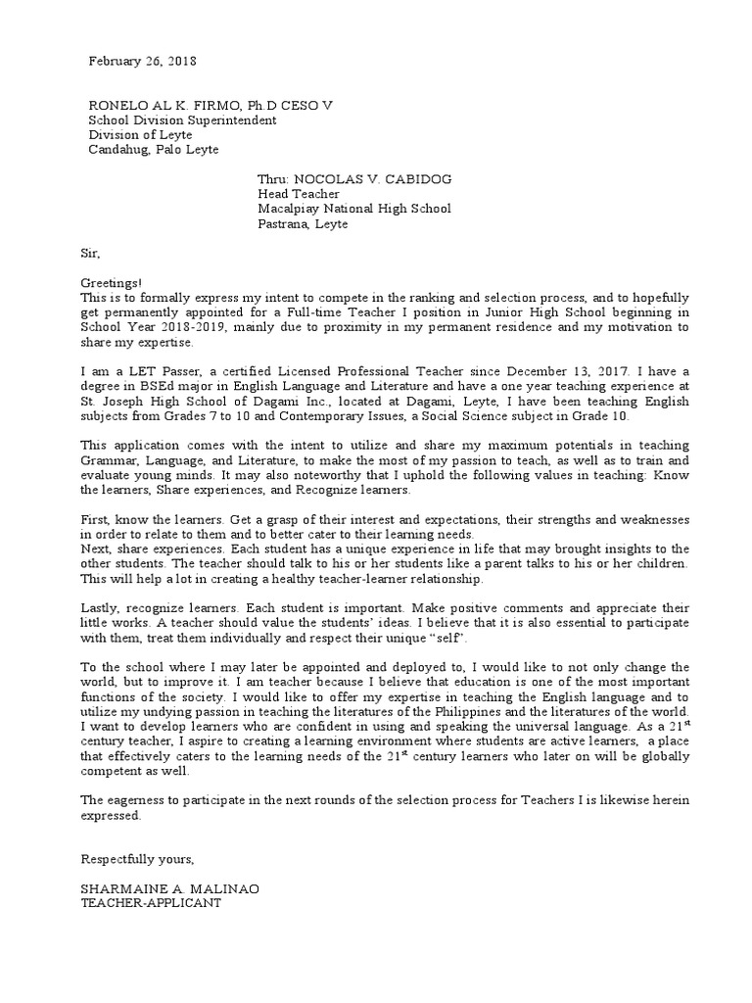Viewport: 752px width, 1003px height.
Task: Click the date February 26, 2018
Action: click(143, 61)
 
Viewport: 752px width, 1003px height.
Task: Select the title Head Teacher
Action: click(299, 194)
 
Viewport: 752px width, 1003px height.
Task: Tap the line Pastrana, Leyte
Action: click(303, 223)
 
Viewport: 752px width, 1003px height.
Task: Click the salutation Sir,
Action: click(90, 253)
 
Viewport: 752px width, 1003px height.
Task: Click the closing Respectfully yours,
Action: click(138, 859)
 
